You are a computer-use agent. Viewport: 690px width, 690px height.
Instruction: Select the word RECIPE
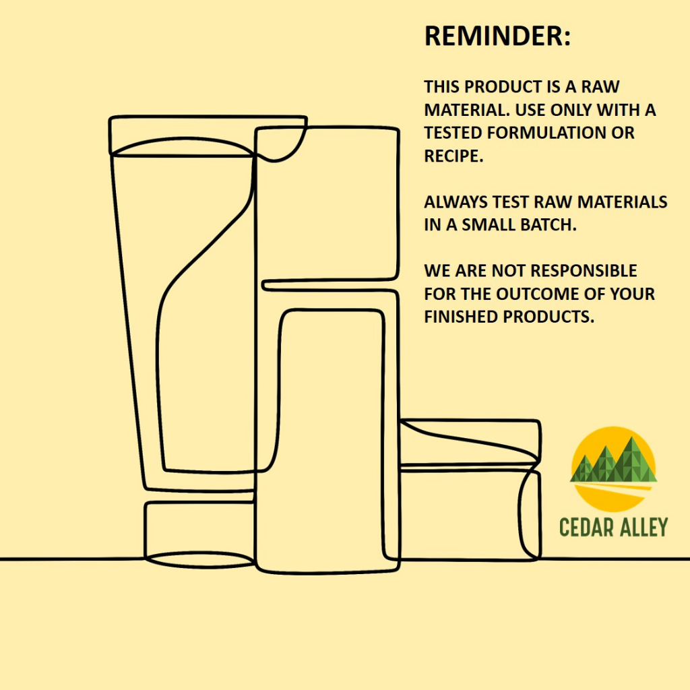pos(453,156)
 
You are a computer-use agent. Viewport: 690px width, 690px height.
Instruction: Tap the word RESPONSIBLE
pos(564,271)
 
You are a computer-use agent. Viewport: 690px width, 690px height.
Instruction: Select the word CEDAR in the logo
pos(583,527)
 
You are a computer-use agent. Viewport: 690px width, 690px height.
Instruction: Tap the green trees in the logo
pos(613,460)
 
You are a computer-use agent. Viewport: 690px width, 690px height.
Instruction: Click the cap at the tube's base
pos(200,534)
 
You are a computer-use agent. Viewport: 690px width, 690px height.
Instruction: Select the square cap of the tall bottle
pos(327,203)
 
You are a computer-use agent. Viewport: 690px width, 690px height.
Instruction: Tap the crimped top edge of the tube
pos(208,136)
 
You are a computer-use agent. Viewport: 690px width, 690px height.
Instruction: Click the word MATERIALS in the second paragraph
pos(622,201)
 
